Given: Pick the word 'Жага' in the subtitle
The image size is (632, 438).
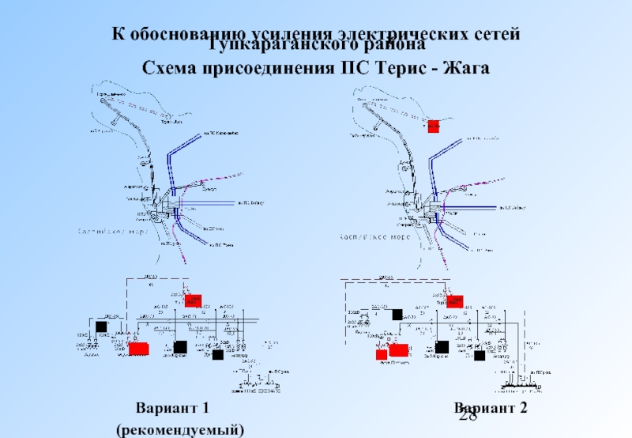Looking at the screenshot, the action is click(466, 68).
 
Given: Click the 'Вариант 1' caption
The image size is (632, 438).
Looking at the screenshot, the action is click(172, 408).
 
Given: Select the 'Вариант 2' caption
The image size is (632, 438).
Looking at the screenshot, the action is click(490, 408).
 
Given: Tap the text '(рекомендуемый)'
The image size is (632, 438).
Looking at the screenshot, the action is click(179, 429).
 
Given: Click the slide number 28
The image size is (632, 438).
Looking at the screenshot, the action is click(468, 418).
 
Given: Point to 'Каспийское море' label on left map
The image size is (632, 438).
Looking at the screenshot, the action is click(111, 232).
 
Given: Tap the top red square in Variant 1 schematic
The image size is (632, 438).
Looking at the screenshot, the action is click(193, 300).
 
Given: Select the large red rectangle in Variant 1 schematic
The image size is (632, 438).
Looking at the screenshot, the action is click(139, 348).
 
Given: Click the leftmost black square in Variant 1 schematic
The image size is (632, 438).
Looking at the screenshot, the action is click(101, 327).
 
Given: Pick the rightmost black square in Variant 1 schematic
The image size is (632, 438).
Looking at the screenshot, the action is click(217, 355).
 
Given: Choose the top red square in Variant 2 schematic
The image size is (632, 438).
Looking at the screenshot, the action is click(454, 300).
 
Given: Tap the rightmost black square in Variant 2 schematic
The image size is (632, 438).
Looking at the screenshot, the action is click(479, 356).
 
